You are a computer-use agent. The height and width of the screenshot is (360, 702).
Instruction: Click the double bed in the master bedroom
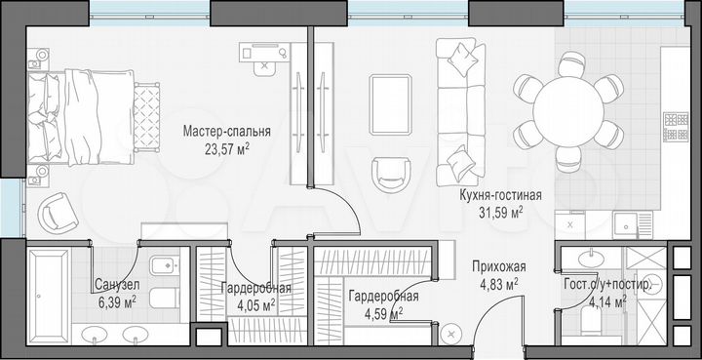(x=83, y=115)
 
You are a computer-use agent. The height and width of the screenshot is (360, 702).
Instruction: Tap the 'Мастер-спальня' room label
(x=231, y=132)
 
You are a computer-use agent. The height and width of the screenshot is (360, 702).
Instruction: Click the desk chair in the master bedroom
(x=264, y=67)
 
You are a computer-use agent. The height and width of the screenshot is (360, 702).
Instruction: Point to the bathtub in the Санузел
(x=47, y=284)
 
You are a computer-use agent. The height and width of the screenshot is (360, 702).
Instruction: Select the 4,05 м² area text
(x=255, y=304)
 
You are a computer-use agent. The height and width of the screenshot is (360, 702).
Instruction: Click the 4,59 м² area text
(x=383, y=314)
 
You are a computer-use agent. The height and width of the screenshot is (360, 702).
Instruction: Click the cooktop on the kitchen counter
(x=676, y=127)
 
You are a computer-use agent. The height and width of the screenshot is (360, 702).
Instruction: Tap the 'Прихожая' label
(x=498, y=265)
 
